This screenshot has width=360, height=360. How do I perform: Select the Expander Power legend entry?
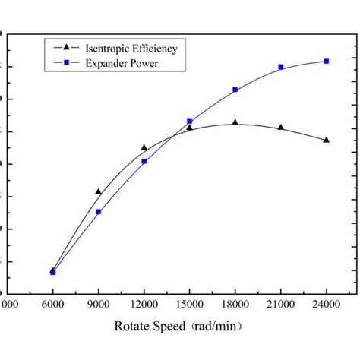(122, 64)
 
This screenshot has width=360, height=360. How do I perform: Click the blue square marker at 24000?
(327, 61)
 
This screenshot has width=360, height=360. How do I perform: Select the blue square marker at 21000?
(281, 67)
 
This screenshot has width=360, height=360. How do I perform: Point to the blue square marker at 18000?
(235, 90)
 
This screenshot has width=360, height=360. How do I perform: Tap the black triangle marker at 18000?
(235, 122)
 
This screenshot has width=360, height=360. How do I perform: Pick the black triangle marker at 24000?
(327, 140)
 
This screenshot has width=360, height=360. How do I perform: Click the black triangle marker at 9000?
(99, 191)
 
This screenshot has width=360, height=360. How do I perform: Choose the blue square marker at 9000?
(99, 212)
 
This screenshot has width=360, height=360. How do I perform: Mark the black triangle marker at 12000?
(144, 147)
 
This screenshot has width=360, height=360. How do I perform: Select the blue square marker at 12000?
(144, 161)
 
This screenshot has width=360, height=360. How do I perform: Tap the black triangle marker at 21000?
(281, 127)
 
